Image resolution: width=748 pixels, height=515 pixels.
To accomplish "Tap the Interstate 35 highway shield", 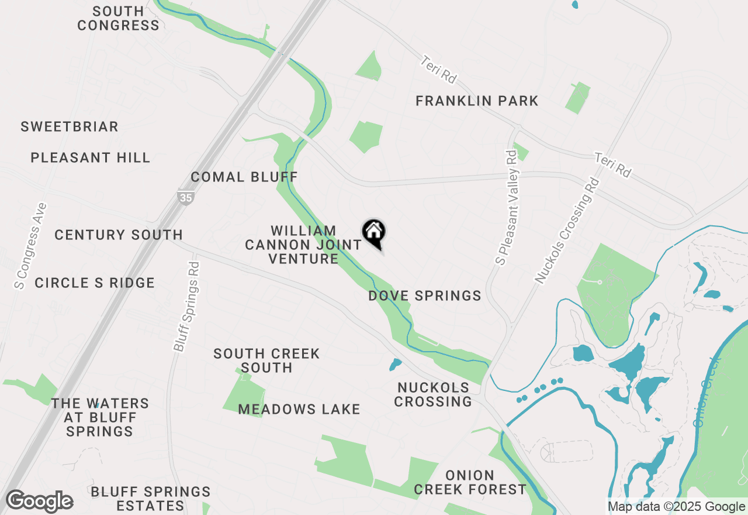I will (x=185, y=197).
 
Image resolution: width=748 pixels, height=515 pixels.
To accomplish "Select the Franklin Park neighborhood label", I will (x=477, y=101).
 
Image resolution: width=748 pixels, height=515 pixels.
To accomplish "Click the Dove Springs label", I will (x=425, y=296).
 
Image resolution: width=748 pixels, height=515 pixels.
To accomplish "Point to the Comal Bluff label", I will (x=244, y=177).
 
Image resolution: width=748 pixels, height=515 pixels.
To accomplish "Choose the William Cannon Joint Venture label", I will (x=303, y=245).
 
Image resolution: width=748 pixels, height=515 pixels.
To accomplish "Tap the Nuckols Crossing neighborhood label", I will (x=433, y=394).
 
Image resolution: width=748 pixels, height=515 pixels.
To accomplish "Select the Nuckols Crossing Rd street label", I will (x=568, y=232).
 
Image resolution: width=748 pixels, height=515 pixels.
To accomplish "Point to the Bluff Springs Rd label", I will (x=187, y=307).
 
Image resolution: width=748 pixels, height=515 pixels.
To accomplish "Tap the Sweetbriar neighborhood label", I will (x=70, y=126).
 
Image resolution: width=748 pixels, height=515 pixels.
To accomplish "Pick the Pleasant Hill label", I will (x=91, y=157).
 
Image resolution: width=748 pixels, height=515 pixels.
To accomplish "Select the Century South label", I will (x=119, y=235).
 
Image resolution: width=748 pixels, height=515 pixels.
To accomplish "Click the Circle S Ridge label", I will (x=95, y=283).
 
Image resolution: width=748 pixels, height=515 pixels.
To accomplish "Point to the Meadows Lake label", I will (x=299, y=409).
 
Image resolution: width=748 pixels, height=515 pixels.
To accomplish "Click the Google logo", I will (x=39, y=502).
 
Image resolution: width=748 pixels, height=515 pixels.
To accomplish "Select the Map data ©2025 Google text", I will (x=676, y=507).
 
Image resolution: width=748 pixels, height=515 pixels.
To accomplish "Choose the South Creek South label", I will (x=266, y=360).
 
